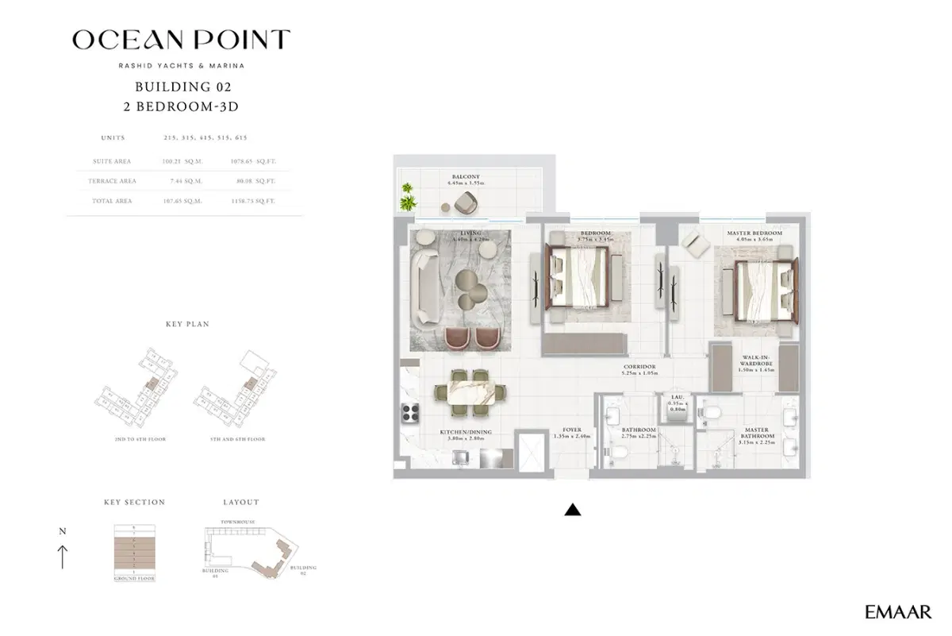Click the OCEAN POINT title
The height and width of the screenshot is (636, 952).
(x=181, y=39)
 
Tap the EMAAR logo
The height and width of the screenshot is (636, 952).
(x=898, y=611)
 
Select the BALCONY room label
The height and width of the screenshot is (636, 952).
(x=465, y=177)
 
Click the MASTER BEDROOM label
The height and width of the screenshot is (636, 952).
(x=754, y=233)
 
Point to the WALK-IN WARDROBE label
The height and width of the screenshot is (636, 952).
(x=754, y=362)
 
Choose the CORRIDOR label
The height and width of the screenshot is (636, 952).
(x=639, y=368)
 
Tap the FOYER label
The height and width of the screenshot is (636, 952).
(x=572, y=430)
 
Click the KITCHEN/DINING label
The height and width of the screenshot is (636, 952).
(x=466, y=432)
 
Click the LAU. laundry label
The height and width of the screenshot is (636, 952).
(x=678, y=395)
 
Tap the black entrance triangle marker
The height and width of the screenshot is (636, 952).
(x=572, y=511)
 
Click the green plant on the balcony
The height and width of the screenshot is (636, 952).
(x=409, y=195)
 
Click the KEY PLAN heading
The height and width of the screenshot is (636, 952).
(x=186, y=324)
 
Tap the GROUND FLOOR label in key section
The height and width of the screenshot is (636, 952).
(x=134, y=579)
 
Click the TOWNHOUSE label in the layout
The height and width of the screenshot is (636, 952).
(x=237, y=522)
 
